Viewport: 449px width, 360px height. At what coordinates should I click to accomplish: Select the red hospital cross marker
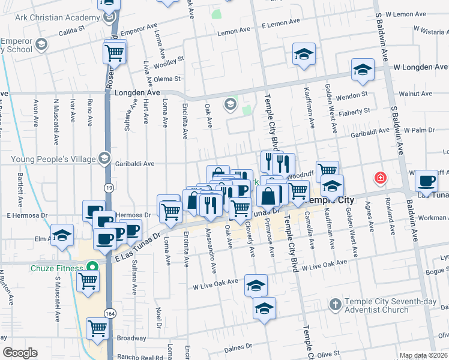(x=380, y=178)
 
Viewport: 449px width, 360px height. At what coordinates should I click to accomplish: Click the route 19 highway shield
(x=107, y=188)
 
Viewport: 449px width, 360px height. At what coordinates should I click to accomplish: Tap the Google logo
(x=20, y=353)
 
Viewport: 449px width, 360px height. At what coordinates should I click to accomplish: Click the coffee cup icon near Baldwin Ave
(x=426, y=180)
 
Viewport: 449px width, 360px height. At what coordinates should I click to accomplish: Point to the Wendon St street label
(x=351, y=95)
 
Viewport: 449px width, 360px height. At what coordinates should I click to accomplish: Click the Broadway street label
(x=131, y=338)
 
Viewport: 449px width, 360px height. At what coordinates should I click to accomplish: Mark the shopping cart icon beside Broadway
(x=97, y=328)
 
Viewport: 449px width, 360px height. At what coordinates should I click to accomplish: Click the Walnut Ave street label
(x=416, y=94)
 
